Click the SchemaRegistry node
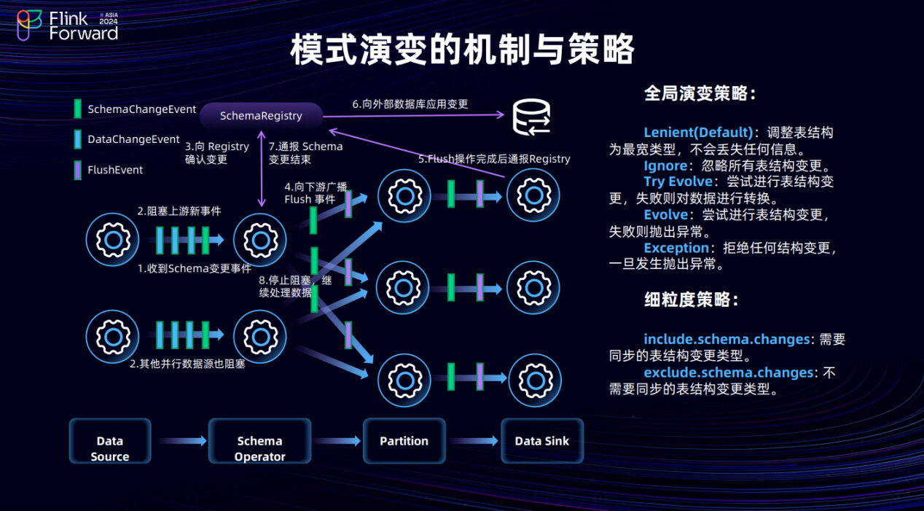261,116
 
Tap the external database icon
531,117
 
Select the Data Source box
110,441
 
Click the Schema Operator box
259,441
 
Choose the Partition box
404,441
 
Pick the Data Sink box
542,441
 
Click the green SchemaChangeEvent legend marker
77,109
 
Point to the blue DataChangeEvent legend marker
77,139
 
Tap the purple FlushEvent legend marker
77,170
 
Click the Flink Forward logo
68,26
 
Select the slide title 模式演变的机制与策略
462,50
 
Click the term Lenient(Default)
698,133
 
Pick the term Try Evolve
678,182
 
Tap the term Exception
676,248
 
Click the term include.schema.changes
727,339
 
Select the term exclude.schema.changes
729,372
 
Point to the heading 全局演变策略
700,93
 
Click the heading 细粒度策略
692,300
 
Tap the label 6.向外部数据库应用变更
410,104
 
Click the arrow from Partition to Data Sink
474,441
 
